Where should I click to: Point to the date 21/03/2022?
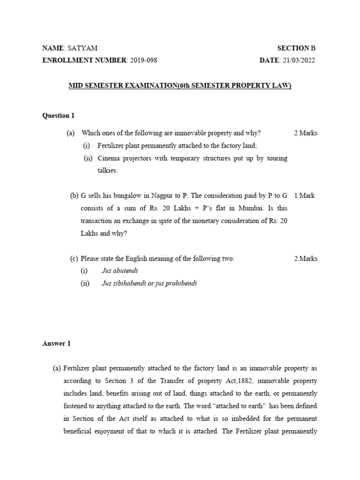pyautogui.click(x=298, y=60)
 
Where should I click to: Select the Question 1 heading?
pyautogui.click(x=59, y=116)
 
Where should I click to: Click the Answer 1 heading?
pyautogui.click(x=57, y=344)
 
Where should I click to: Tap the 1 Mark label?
pyautogui.click(x=304, y=195)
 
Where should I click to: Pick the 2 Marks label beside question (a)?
pyautogui.click(x=306, y=133)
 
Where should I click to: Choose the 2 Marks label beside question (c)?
pyautogui.click(x=306, y=259)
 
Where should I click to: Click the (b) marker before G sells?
pyautogui.click(x=74, y=195)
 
